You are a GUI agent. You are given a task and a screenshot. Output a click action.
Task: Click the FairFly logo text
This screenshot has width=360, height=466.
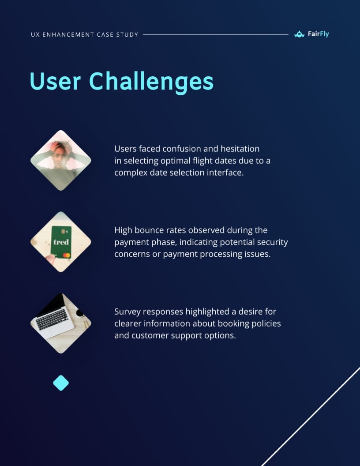point(318,34)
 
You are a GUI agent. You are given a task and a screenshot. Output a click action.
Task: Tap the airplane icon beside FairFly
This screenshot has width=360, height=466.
point(300,34)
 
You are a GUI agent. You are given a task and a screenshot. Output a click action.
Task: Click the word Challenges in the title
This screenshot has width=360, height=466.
point(151,82)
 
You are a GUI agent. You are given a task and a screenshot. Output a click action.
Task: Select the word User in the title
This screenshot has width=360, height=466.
point(55,82)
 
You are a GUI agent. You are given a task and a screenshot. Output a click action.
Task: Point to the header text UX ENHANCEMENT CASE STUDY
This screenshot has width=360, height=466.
point(85,34)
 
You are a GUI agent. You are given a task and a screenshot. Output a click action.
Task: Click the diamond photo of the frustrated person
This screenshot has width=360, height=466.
point(61,160)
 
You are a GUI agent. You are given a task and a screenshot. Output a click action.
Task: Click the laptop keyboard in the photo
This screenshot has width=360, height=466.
point(52,319)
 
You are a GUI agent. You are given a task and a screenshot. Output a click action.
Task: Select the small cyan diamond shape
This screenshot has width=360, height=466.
point(61,383)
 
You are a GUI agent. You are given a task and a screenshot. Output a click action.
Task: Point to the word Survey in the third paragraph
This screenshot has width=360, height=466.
point(127,312)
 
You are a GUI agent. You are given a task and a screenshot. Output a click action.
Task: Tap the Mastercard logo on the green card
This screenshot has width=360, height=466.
point(67,256)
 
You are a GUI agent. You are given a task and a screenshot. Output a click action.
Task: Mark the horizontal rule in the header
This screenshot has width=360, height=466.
point(216,34)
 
